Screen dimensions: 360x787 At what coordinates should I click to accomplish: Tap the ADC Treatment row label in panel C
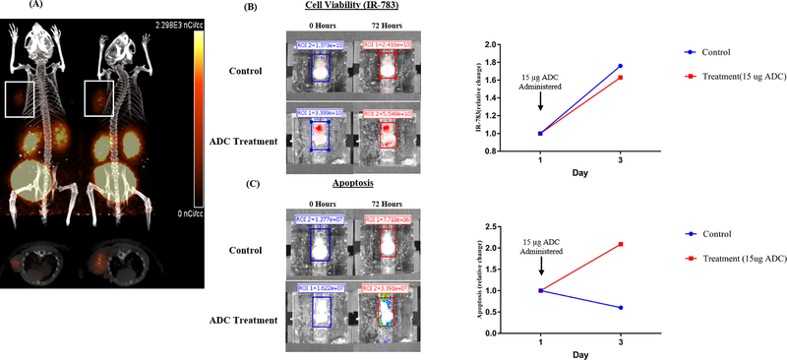tap(243, 320)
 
